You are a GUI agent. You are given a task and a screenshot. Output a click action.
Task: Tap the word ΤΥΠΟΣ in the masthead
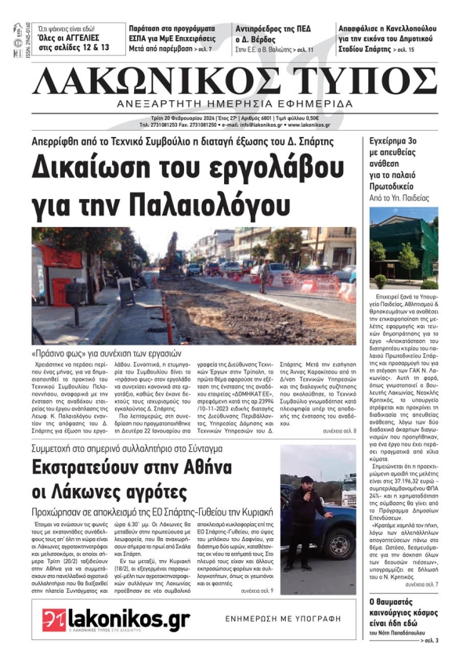tap(367, 80)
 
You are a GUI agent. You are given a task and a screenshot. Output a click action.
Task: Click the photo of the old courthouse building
tap(403, 246)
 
